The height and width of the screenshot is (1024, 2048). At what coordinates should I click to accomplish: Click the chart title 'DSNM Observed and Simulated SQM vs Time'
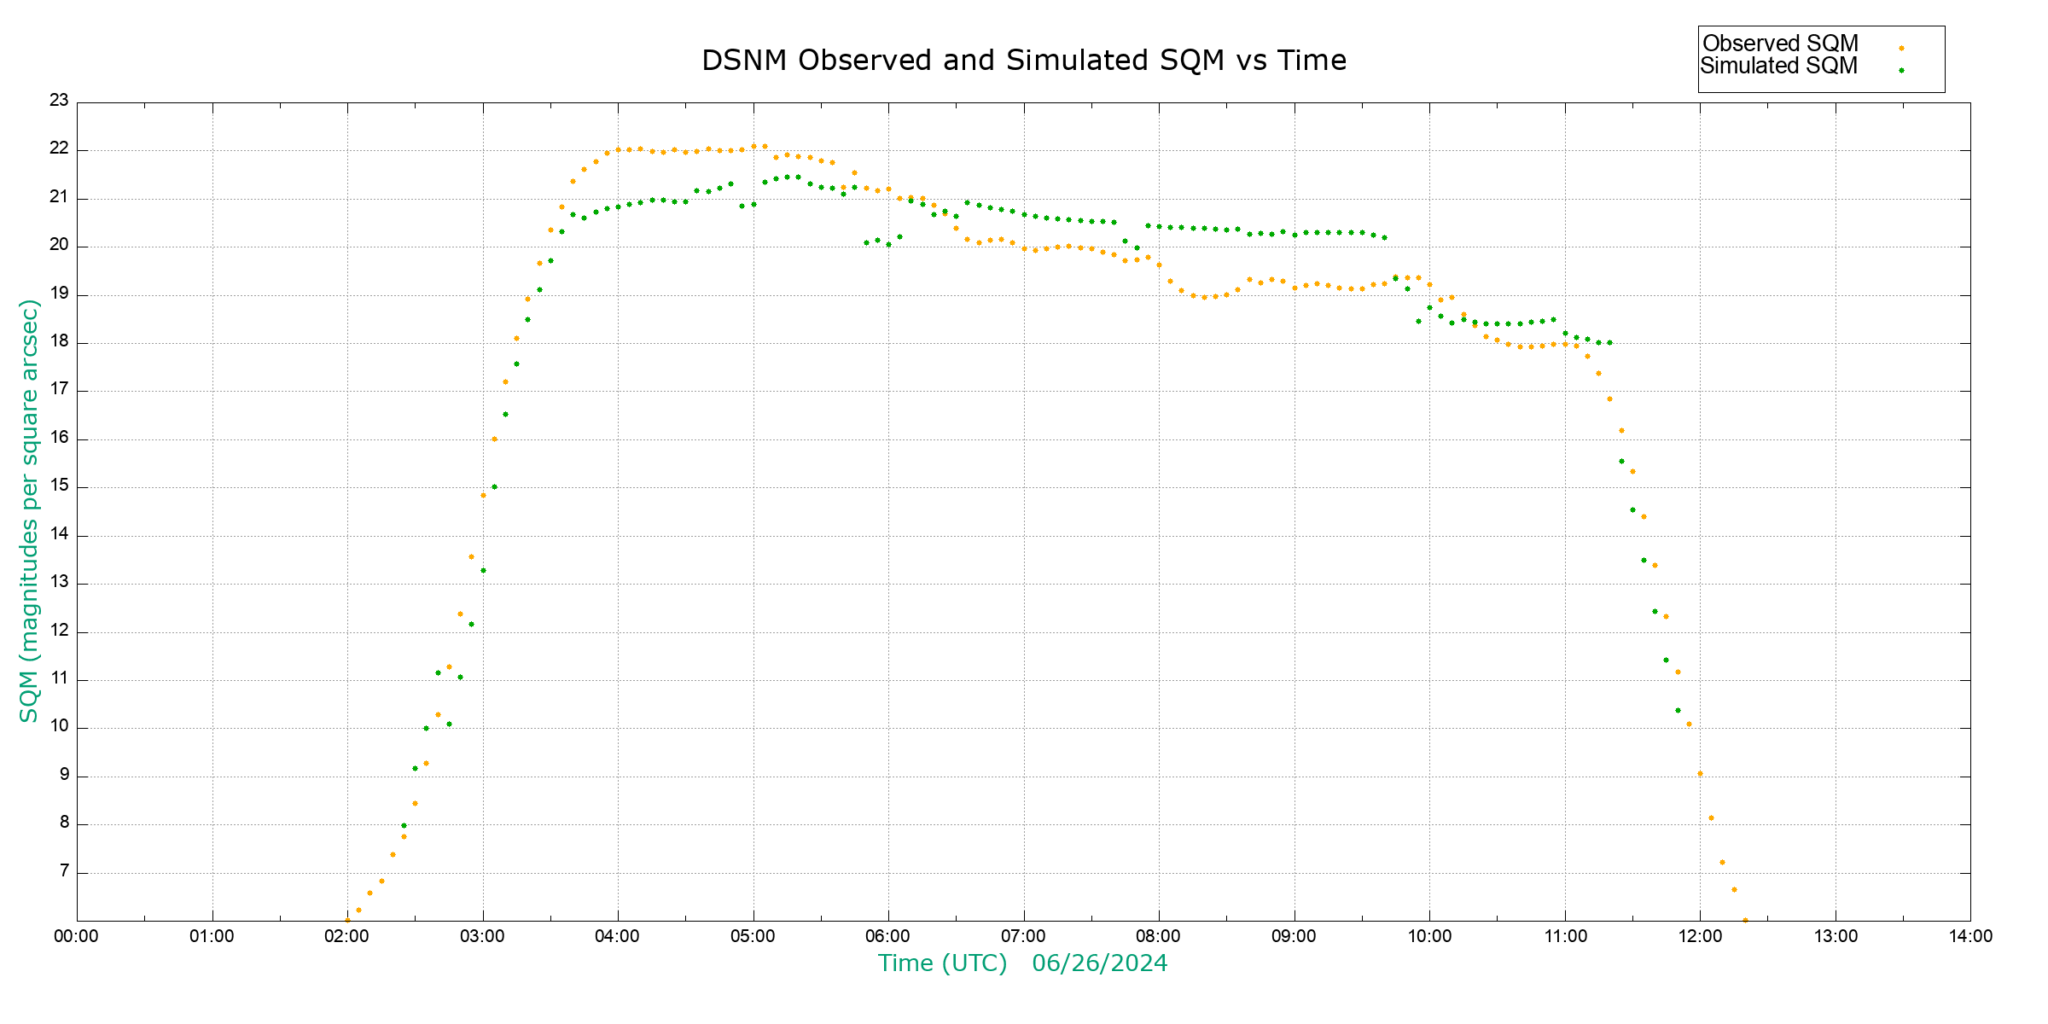[1023, 61]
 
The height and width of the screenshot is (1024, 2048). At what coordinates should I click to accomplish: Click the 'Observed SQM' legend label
[1780, 44]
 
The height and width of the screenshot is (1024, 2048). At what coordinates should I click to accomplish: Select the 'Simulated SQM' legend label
[1778, 66]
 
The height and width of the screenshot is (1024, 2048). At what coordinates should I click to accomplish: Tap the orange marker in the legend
[1901, 48]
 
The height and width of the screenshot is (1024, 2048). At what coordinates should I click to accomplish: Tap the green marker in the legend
[1901, 70]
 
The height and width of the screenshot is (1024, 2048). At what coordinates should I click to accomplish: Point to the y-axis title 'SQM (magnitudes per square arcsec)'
[29, 510]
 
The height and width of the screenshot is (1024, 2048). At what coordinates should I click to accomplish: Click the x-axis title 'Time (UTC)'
[942, 963]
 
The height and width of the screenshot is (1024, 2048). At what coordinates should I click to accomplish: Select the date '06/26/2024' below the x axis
[1099, 963]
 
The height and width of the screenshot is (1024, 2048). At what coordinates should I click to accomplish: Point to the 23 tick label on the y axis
[59, 101]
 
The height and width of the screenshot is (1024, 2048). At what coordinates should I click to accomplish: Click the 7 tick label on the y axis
[64, 871]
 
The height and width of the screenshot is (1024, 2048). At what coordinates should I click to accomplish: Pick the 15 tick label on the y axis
[59, 486]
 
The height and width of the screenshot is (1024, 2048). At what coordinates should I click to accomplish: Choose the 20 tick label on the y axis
[59, 245]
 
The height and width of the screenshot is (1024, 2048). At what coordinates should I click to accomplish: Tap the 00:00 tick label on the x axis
[76, 936]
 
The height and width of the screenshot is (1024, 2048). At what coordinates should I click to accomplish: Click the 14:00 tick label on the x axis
[1969, 936]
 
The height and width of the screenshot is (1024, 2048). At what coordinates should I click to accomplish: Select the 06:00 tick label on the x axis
[887, 936]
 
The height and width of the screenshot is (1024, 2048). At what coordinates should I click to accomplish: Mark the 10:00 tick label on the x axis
[1429, 936]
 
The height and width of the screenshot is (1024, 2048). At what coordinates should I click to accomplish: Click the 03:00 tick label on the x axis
[482, 936]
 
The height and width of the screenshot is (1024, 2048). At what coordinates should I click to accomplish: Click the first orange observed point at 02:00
[347, 920]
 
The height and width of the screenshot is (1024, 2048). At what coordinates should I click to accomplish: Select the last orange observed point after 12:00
[1745, 920]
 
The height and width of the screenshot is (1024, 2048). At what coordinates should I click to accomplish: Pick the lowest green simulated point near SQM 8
[404, 825]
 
